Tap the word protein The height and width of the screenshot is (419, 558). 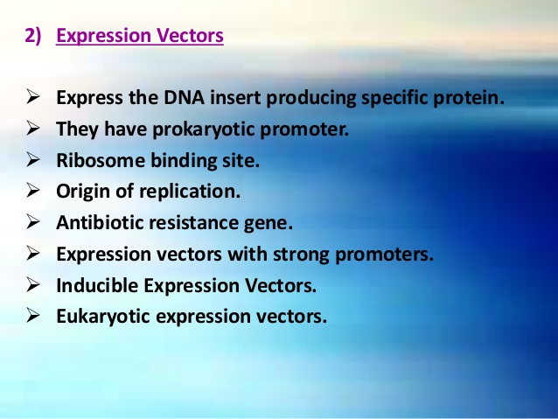(x=471, y=97)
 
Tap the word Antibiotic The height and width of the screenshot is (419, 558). (x=97, y=223)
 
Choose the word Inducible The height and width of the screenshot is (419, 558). (x=94, y=285)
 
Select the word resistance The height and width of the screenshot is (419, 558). (x=191, y=223)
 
